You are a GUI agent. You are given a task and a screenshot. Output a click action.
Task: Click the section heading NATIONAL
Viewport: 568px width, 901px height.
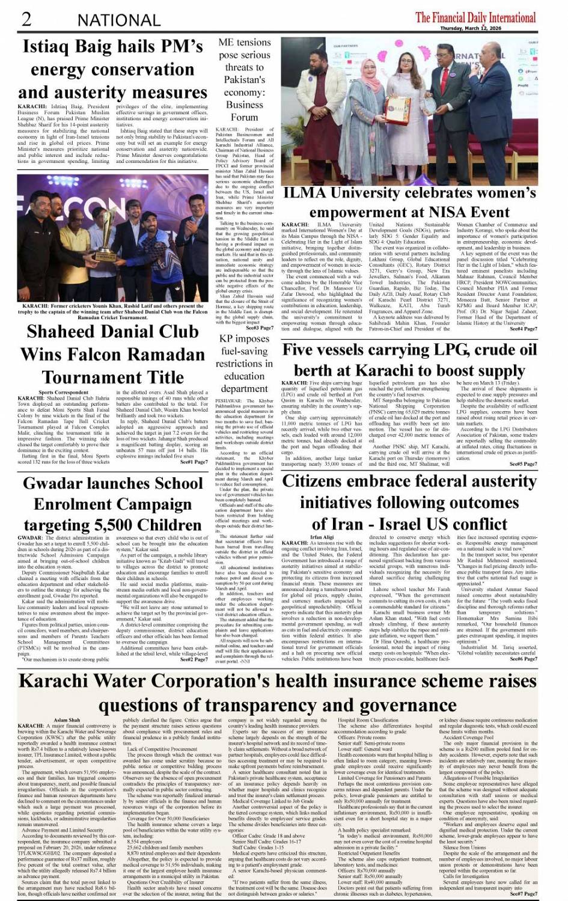[118, 20]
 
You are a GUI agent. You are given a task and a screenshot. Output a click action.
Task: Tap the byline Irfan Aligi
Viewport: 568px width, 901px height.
[321, 537]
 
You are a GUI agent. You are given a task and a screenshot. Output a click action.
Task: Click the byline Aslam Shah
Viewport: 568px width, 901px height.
[66, 719]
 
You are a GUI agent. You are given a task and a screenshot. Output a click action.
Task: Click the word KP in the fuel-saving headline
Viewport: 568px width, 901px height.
[227, 338]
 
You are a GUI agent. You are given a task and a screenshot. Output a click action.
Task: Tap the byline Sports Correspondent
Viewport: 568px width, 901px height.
[63, 392]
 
